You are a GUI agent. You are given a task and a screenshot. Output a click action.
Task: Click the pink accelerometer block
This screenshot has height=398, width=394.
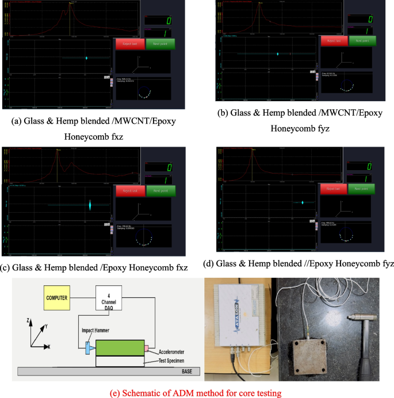coord(147,348)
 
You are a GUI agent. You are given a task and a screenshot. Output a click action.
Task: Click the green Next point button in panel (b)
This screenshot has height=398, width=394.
coord(362,41)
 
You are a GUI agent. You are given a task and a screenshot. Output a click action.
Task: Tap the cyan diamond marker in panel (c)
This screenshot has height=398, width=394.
coord(90,205)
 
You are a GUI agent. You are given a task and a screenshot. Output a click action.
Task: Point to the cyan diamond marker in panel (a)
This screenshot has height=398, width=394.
coord(86,58)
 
